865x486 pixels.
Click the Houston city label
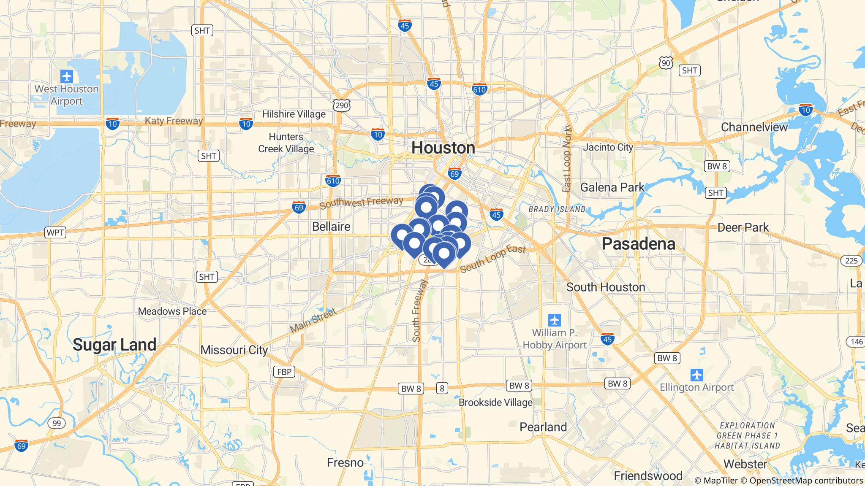[443, 148]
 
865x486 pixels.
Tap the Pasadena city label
[638, 244]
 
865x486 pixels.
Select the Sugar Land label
[114, 345]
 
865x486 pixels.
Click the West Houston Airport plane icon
[67, 77]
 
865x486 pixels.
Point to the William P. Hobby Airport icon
[555, 320]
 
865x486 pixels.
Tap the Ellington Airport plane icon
[696, 374]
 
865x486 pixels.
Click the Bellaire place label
[331, 227]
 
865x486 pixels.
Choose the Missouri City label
[234, 350]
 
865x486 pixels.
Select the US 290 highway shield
[341, 105]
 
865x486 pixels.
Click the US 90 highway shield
[666, 63]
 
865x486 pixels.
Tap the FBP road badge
[284, 372]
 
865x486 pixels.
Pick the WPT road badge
[55, 232]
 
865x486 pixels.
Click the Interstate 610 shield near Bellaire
[333, 181]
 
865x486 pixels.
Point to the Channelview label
[754, 127]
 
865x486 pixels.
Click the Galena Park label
[612, 187]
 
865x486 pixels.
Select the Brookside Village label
[495, 402]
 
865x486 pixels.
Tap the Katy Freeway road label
[174, 121]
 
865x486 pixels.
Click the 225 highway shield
[851, 261]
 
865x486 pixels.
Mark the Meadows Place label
[172, 311]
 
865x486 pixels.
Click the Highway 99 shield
[57, 423]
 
